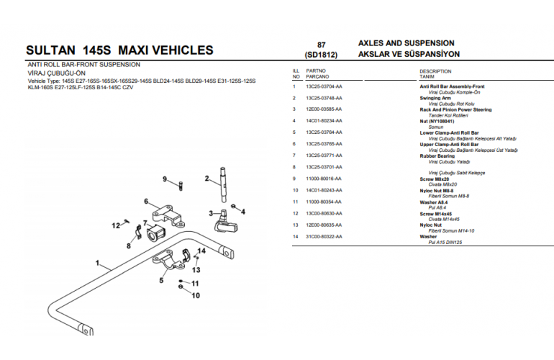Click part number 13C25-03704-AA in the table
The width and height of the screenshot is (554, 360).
[324, 86]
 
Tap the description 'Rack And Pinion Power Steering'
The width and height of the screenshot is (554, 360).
[455, 109]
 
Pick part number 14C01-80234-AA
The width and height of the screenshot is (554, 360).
[324, 121]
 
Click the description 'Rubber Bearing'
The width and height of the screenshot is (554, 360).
[437, 156]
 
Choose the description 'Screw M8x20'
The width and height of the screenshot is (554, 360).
[434, 179]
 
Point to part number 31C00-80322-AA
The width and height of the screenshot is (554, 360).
[324, 236]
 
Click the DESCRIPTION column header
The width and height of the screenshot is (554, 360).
[435, 71]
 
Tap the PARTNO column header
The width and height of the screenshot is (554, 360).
[316, 71]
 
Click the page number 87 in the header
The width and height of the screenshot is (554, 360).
[321, 44]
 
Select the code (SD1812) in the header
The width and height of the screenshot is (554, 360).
[321, 55]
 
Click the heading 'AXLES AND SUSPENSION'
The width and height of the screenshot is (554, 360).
[406, 43]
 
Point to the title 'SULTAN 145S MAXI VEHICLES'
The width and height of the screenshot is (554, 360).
[119, 50]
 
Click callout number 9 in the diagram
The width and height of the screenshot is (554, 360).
[164, 179]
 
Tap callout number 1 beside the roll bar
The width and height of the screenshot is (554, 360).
[96, 263]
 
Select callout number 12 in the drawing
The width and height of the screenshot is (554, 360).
[115, 226]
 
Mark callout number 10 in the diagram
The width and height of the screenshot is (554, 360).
[195, 295]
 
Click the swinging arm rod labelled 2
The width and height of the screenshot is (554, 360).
[224, 184]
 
